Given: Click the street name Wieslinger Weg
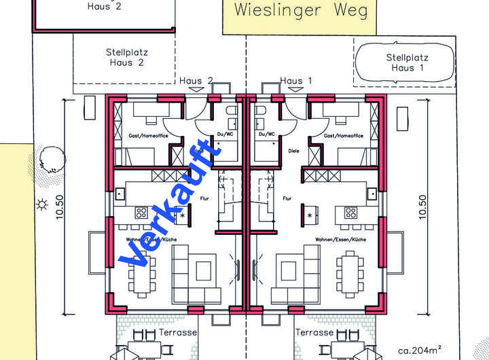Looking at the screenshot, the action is [x=300, y=10].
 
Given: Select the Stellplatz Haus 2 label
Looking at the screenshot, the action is [x=126, y=56].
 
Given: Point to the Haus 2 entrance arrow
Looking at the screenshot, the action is [x=196, y=89].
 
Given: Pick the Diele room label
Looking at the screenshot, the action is [x=293, y=151].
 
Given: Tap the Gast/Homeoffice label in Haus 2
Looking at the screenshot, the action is [x=147, y=136].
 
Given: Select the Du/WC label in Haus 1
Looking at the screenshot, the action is [x=266, y=134].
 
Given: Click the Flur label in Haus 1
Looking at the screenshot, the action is [x=287, y=199].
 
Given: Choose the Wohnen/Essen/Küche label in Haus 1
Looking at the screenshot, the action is [x=340, y=240].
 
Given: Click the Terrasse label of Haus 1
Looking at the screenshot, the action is [x=315, y=333].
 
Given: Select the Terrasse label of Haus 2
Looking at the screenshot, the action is [x=178, y=333].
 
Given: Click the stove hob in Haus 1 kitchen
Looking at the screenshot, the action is [x=350, y=213].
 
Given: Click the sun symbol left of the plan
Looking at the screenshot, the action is [x=42, y=203].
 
